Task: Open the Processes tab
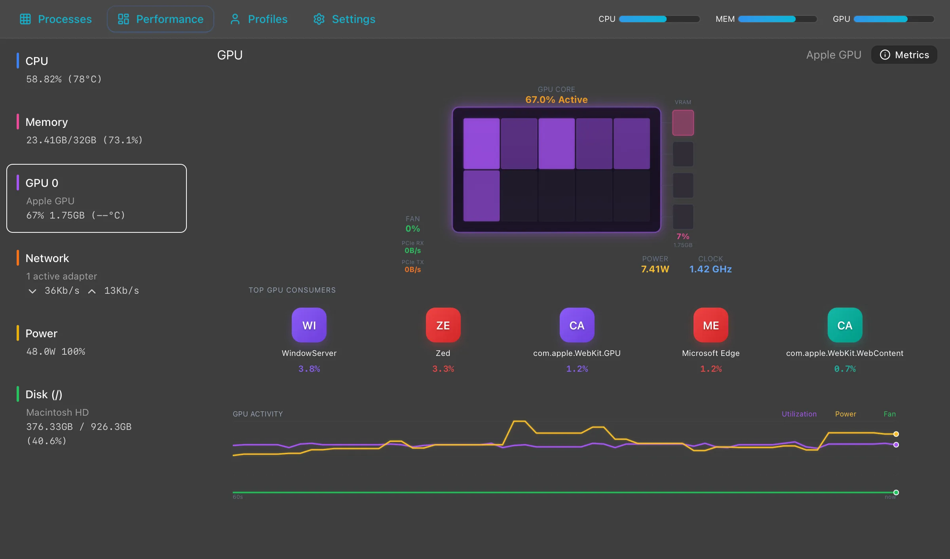coord(56,19)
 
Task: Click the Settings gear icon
coord(319,19)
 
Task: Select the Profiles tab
coord(259,19)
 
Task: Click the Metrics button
coord(904,55)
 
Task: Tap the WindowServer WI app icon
coord(309,325)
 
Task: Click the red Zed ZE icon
coord(443,325)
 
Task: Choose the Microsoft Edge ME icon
coord(711,325)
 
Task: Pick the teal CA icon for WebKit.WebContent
coord(844,325)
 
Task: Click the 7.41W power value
coord(655,269)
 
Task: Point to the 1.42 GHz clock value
coord(710,269)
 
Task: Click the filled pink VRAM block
coord(683,123)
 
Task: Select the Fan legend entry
coord(889,414)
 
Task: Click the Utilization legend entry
coord(799,414)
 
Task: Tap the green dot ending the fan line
coord(896,492)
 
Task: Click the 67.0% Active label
coord(556,100)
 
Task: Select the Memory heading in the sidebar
coord(47,122)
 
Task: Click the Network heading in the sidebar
coord(47,258)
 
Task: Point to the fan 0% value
coord(412,229)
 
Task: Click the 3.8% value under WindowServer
coord(309,369)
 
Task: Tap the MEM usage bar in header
coord(777,19)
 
